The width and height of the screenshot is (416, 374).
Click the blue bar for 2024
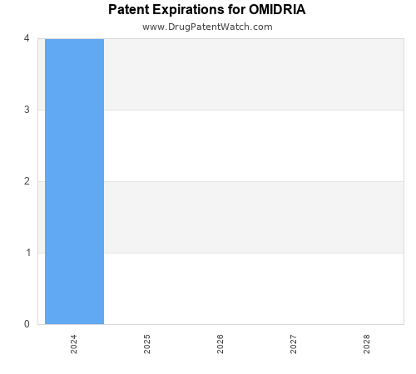[x=74, y=181]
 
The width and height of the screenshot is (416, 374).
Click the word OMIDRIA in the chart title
[x=277, y=11]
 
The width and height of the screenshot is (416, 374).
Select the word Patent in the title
[x=130, y=11]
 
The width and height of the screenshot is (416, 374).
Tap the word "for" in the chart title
[x=238, y=11]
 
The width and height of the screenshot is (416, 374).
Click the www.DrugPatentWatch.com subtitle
[x=207, y=27]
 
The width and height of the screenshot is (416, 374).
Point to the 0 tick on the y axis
[x=27, y=324]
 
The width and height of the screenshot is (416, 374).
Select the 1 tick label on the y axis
[x=27, y=253]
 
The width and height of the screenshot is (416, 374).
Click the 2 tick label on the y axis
[x=27, y=181]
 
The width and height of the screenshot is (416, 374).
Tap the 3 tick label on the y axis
[x=27, y=110]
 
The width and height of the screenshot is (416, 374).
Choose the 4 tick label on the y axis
[x=27, y=38]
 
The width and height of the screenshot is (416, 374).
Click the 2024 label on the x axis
[x=74, y=344]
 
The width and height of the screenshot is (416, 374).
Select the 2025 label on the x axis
[x=147, y=344]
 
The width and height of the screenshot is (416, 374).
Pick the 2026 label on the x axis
[x=220, y=344]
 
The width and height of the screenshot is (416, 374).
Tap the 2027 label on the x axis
[x=294, y=344]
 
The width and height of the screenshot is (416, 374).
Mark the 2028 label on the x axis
[x=367, y=344]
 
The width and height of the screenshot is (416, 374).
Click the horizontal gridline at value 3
[x=250, y=110]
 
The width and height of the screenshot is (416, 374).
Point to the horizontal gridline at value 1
[x=250, y=253]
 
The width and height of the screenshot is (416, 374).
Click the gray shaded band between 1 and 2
[x=250, y=217]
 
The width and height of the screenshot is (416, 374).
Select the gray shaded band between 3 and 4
[x=250, y=74]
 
